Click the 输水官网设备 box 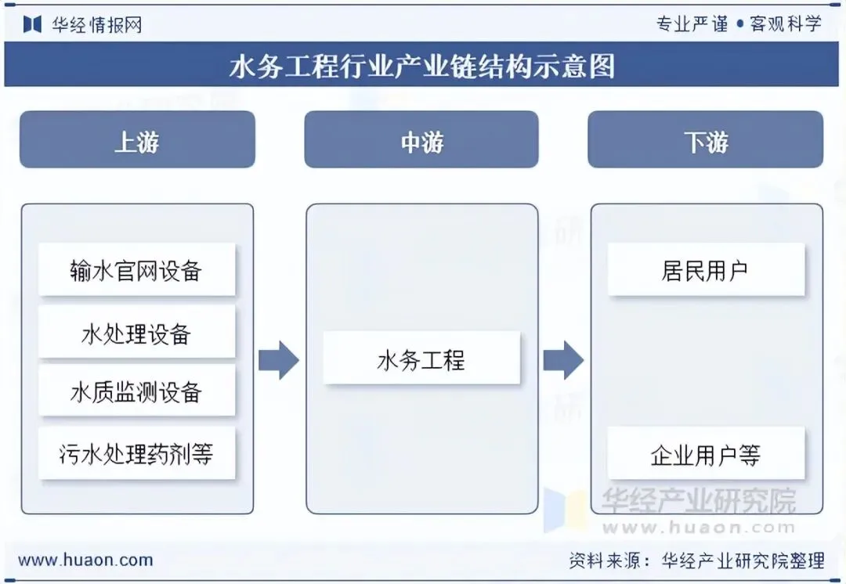click(x=136, y=270)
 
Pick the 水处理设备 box click(x=136, y=333)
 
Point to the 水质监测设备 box click(x=136, y=391)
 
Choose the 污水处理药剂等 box click(x=136, y=453)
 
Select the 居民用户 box click(x=706, y=270)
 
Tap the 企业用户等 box click(x=706, y=454)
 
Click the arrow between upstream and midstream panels click(x=279, y=360)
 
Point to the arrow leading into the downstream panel click(x=563, y=360)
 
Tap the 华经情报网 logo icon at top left click(x=32, y=24)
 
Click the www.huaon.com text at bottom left click(x=85, y=561)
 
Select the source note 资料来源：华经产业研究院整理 click(x=696, y=561)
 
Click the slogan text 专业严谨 click(x=692, y=23)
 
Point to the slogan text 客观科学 click(x=786, y=23)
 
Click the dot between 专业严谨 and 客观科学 click(x=739, y=24)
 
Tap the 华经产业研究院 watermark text click(x=698, y=499)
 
